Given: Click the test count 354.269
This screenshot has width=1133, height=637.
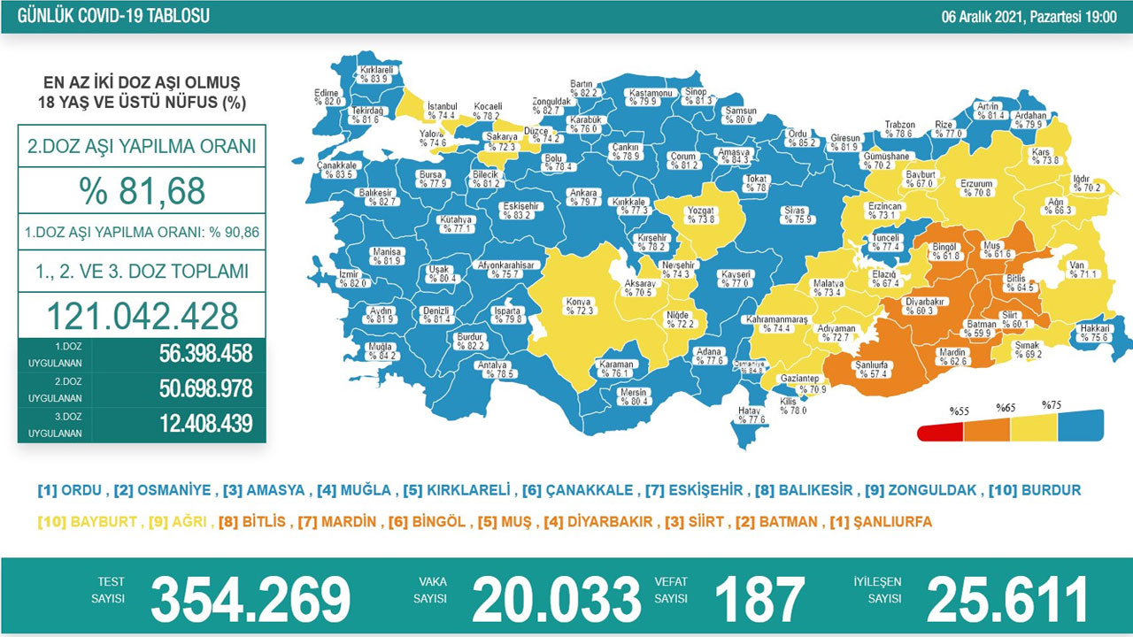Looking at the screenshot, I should (250, 599).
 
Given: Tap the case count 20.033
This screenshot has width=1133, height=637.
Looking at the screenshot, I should (556, 599).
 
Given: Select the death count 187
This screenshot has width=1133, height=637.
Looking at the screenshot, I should (759, 599).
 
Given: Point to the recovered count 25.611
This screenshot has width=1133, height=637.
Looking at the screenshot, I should (1007, 599).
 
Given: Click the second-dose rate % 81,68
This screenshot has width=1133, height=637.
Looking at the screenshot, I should (142, 191).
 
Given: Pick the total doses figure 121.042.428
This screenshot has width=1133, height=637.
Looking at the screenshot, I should (142, 316).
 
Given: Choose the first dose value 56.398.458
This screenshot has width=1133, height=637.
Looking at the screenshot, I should (205, 354).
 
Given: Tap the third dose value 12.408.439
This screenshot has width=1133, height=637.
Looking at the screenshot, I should (205, 423).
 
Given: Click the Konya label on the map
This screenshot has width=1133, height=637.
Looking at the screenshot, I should (579, 306).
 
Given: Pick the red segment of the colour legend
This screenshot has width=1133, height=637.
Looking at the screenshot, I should (940, 432).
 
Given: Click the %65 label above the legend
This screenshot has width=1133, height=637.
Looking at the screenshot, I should (1006, 408).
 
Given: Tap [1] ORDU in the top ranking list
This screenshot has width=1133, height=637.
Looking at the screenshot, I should (71, 490).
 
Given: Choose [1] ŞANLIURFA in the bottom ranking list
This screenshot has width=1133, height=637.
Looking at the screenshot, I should (881, 522).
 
